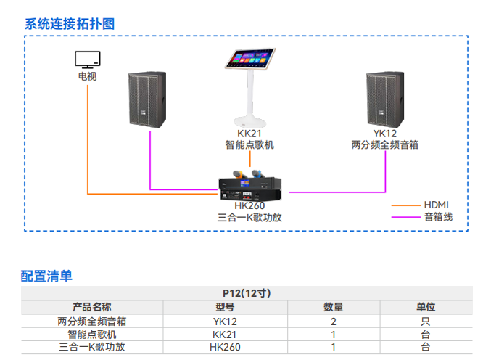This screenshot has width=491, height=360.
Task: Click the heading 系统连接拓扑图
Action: pyautogui.click(x=70, y=23)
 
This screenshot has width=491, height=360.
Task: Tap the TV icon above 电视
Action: pyautogui.click(x=88, y=58)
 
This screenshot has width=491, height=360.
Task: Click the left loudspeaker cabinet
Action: pyautogui.click(x=150, y=99)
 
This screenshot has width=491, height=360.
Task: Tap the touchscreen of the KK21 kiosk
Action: pyautogui.click(x=251, y=59)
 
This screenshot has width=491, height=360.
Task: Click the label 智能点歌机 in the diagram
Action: pyautogui.click(x=249, y=145)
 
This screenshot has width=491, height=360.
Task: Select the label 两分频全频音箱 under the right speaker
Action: pyautogui.click(x=384, y=145)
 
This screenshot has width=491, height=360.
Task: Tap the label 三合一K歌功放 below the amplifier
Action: pyautogui.click(x=249, y=217)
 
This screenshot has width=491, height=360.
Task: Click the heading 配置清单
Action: pyautogui.click(x=46, y=276)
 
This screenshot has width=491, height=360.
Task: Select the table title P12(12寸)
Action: pyautogui.click(x=246, y=293)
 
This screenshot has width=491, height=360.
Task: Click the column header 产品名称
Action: pyautogui.click(x=92, y=307)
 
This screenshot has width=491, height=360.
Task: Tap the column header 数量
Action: pyautogui.click(x=333, y=307)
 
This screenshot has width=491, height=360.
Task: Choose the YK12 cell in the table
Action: pyautogui.click(x=225, y=321)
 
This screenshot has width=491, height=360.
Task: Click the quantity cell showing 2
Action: pyautogui.click(x=333, y=321)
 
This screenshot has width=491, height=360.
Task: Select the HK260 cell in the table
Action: pyautogui.click(x=225, y=347)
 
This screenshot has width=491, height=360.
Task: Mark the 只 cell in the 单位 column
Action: pyautogui.click(x=426, y=321)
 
